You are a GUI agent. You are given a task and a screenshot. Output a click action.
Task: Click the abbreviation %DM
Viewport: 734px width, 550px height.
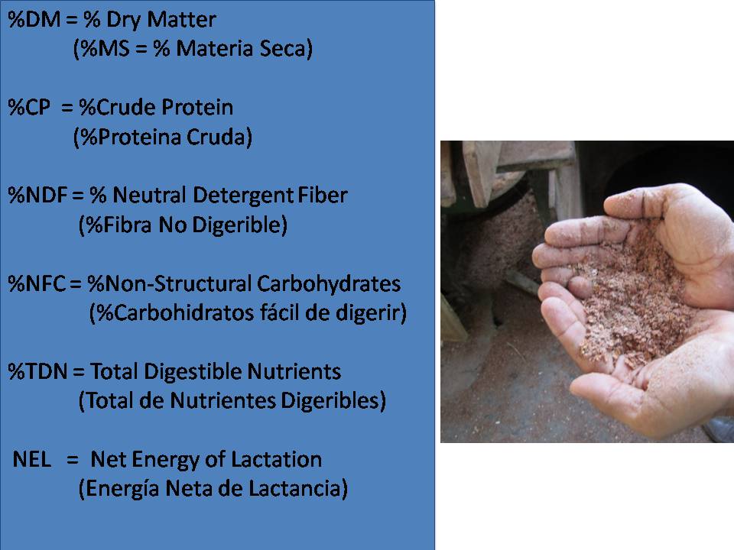(34, 20)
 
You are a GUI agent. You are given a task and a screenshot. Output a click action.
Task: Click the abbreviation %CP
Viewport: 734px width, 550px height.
(29, 108)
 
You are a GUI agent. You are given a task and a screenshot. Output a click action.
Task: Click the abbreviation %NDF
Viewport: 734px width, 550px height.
(37, 196)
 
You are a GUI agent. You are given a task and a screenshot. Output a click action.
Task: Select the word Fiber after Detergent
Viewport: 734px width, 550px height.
(322, 196)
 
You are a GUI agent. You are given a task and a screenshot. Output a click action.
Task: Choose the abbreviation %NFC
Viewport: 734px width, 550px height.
(37, 284)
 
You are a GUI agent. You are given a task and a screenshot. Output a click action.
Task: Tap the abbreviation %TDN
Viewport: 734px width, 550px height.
(38, 372)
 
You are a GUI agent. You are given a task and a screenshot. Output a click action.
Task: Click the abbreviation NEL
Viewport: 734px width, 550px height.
(32, 460)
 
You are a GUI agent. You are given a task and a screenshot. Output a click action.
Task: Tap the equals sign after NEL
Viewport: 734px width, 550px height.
(72, 460)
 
